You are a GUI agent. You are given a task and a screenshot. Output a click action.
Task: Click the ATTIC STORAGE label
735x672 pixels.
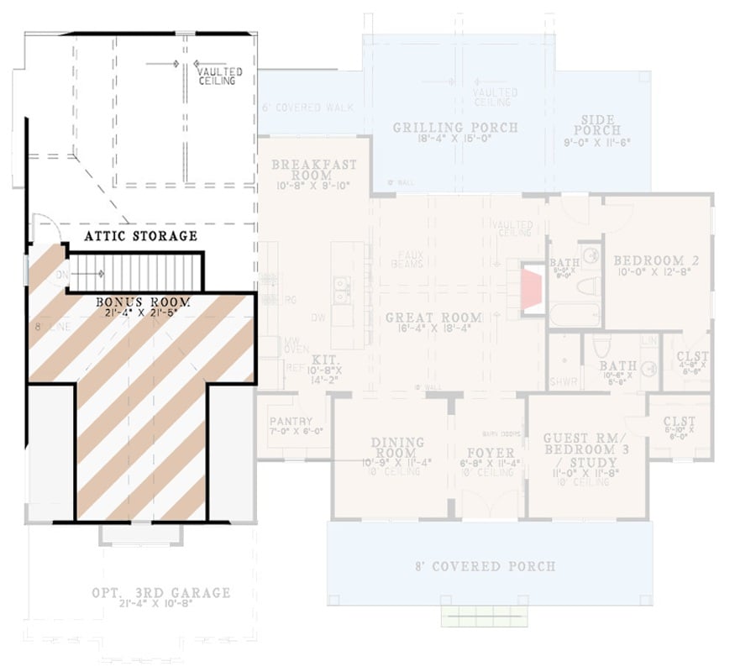click(141, 236)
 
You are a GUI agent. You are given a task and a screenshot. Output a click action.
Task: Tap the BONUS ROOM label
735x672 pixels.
click(142, 302)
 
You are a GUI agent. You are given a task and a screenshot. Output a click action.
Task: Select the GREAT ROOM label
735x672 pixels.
click(433, 318)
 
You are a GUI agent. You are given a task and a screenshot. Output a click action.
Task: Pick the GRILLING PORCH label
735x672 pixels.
click(455, 128)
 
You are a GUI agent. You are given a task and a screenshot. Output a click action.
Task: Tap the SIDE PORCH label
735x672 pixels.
click(597, 124)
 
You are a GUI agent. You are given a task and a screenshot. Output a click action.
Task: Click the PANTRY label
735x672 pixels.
click(291, 422)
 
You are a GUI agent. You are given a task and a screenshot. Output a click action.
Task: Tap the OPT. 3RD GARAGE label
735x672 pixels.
click(160, 593)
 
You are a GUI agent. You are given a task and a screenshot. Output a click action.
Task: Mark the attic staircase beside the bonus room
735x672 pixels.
click(134, 270)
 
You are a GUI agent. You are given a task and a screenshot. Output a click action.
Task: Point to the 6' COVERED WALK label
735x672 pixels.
click(307, 108)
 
